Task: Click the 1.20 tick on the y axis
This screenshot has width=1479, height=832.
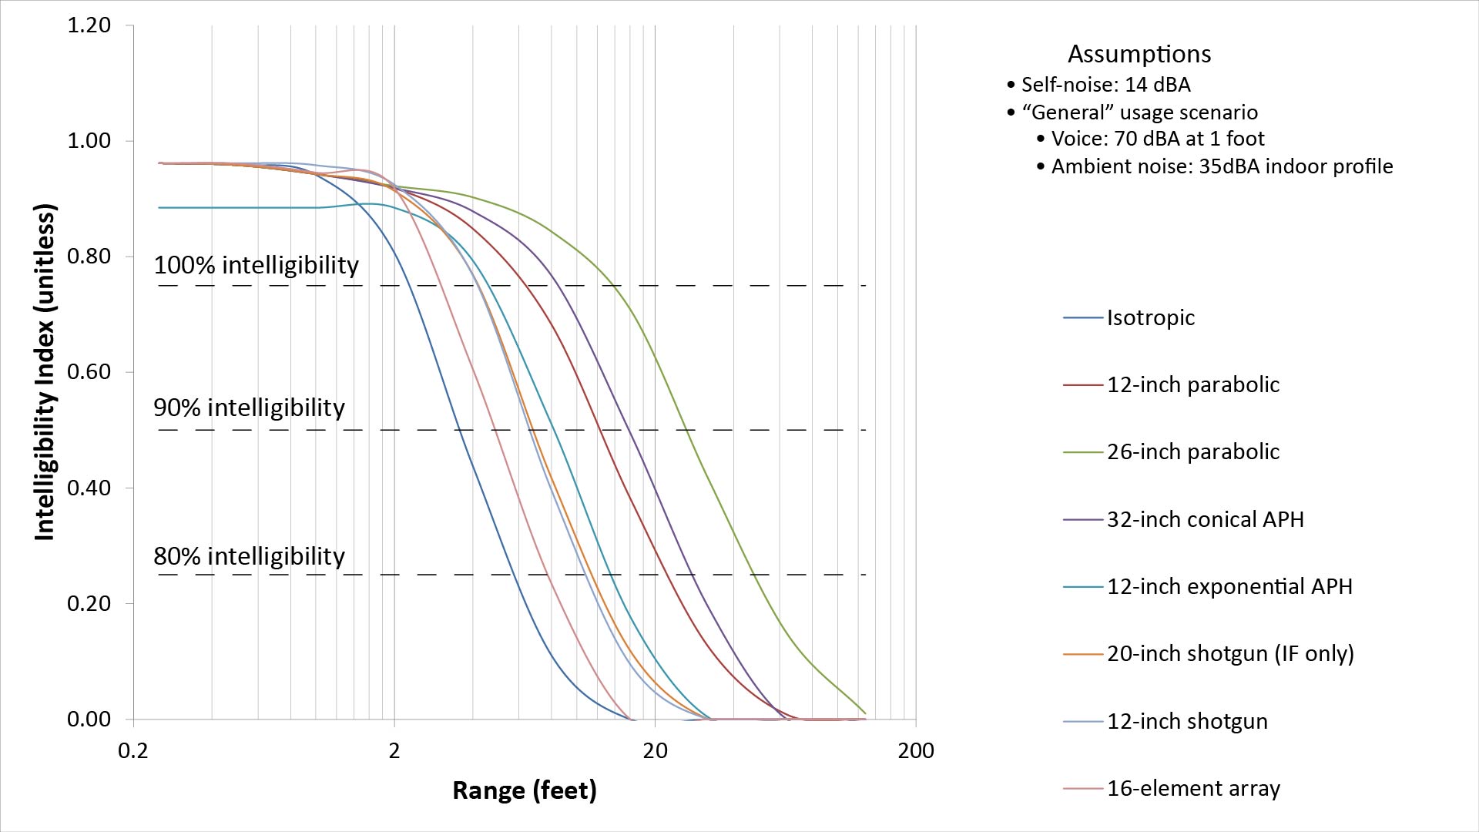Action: pyautogui.click(x=89, y=25)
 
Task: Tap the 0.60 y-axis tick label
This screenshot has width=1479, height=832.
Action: pyautogui.click(x=89, y=372)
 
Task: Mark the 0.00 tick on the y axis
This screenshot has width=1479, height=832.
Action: pyautogui.click(x=89, y=719)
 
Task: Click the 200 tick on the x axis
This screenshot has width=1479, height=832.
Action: pyautogui.click(x=916, y=750)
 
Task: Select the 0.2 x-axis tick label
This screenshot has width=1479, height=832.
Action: pyautogui.click(x=133, y=750)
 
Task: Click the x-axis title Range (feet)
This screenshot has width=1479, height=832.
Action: pyautogui.click(x=524, y=790)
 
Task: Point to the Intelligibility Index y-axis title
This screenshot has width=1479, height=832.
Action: pyautogui.click(x=45, y=372)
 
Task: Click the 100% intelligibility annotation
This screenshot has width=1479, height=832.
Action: pyautogui.click(x=256, y=265)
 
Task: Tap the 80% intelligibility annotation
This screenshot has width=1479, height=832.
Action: pyautogui.click(x=249, y=556)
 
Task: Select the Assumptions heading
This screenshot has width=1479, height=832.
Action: pyautogui.click(x=1139, y=54)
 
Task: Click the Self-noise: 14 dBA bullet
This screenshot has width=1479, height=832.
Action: pyautogui.click(x=1105, y=85)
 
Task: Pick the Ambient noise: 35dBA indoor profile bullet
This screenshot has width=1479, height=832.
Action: pyautogui.click(x=1222, y=166)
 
